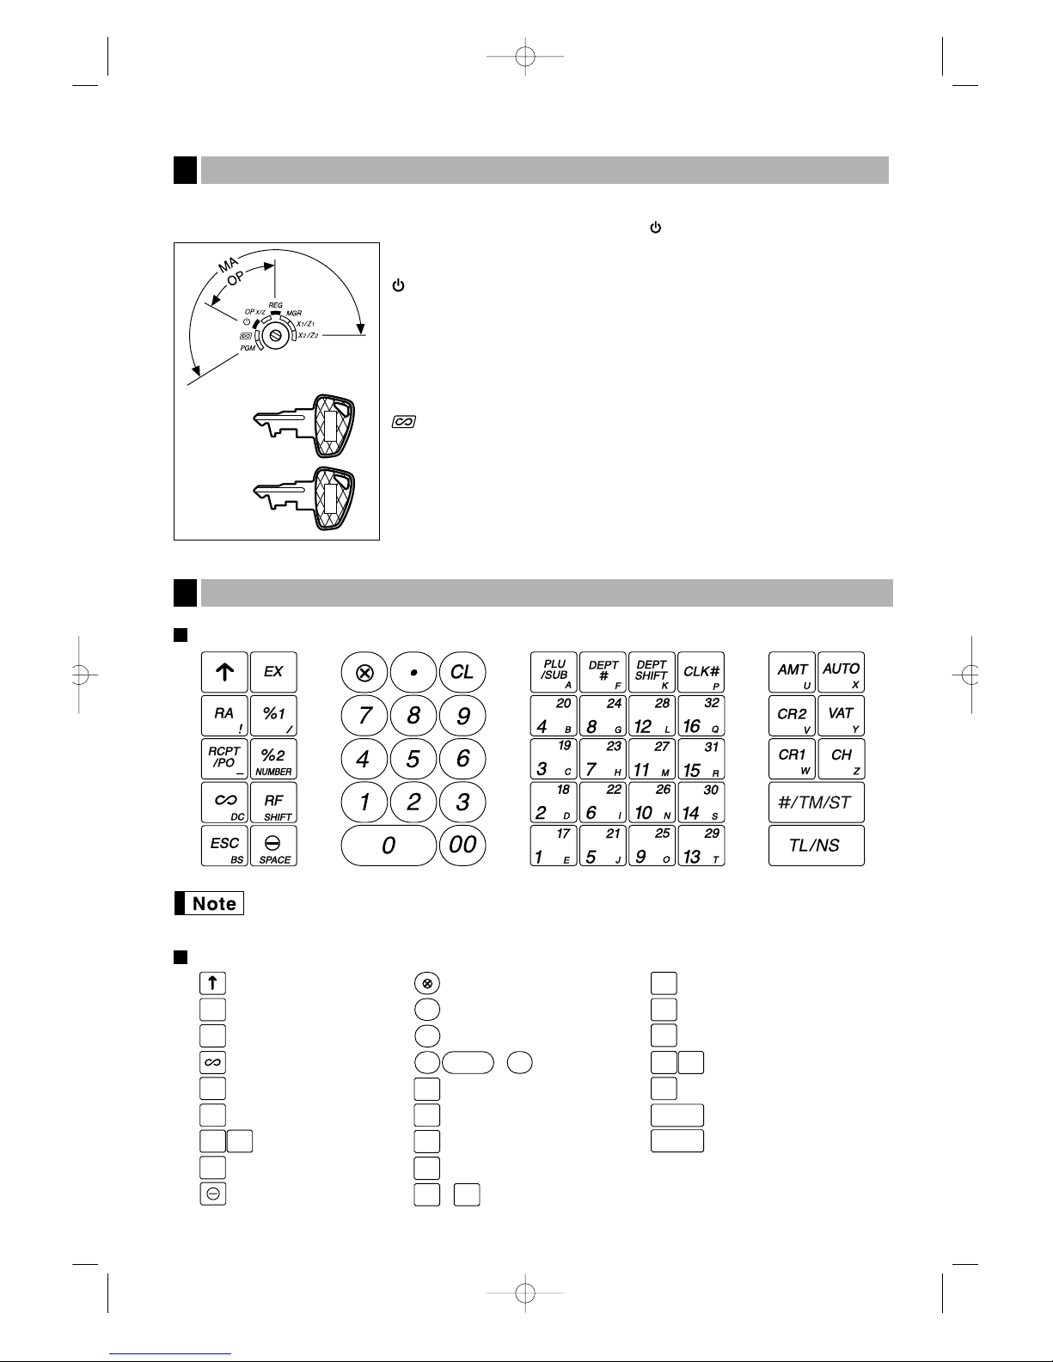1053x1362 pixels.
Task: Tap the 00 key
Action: [x=462, y=845]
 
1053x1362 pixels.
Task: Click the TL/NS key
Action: [x=816, y=846]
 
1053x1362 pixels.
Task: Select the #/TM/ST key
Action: [x=816, y=802]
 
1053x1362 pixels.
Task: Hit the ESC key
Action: [x=224, y=846]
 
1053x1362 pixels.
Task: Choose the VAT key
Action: [x=841, y=715]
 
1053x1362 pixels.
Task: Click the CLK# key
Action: [x=701, y=672]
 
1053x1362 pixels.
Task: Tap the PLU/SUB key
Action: [x=554, y=672]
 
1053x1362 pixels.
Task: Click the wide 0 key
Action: [x=389, y=846]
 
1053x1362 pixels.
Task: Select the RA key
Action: [x=224, y=715]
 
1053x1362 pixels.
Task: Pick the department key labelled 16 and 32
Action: [x=701, y=715]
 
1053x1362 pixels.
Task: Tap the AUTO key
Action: [x=841, y=672]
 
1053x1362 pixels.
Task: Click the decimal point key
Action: [x=413, y=672]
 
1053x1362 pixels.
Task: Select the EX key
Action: [x=273, y=672]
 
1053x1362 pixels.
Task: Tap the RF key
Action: [x=273, y=803]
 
